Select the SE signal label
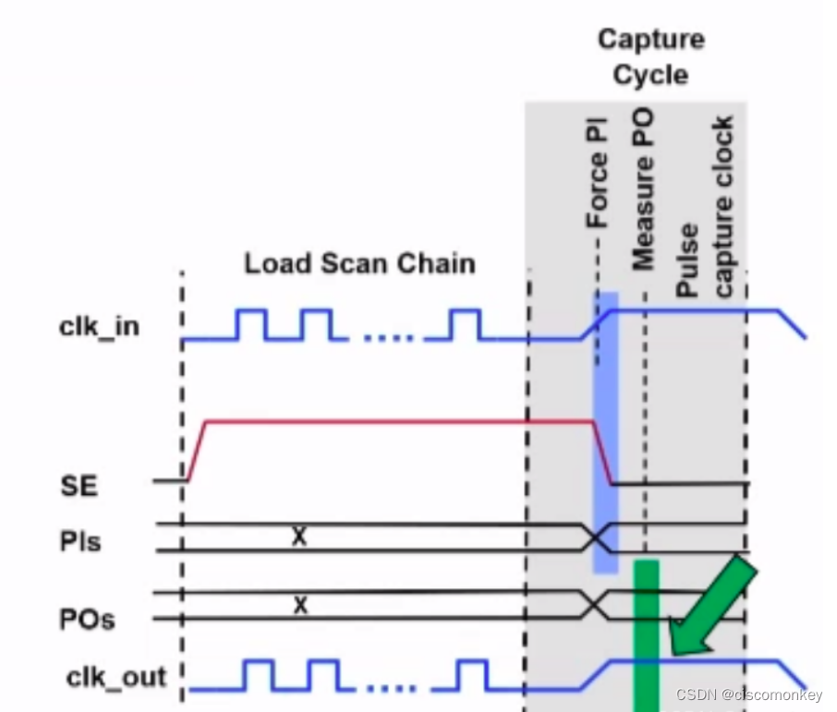[79, 486]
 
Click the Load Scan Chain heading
[359, 263]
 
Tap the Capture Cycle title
[650, 56]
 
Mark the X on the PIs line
[298, 536]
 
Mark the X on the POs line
[298, 606]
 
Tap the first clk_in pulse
[252, 324]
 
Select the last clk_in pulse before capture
[466, 324]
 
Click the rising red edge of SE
[197, 450]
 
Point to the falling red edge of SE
[602, 452]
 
